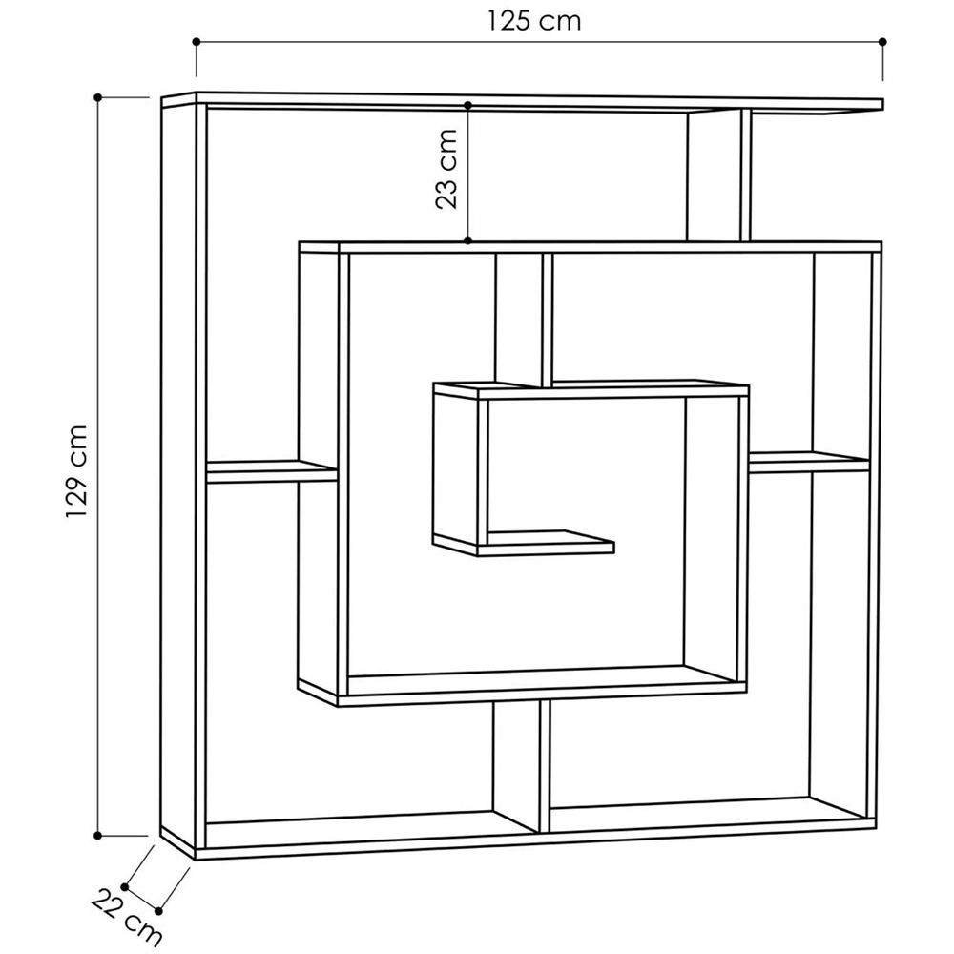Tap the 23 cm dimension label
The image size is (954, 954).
coord(446,169)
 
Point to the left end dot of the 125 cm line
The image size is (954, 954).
coord(197,42)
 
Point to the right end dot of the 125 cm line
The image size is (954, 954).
coord(883,42)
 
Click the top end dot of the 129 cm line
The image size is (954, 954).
coord(98,97)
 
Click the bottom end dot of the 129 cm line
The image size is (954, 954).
coord(98,835)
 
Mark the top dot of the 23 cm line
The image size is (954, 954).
coord(468,105)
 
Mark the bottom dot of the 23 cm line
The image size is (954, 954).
coord(468,240)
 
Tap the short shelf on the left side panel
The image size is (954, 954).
coord(272,470)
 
